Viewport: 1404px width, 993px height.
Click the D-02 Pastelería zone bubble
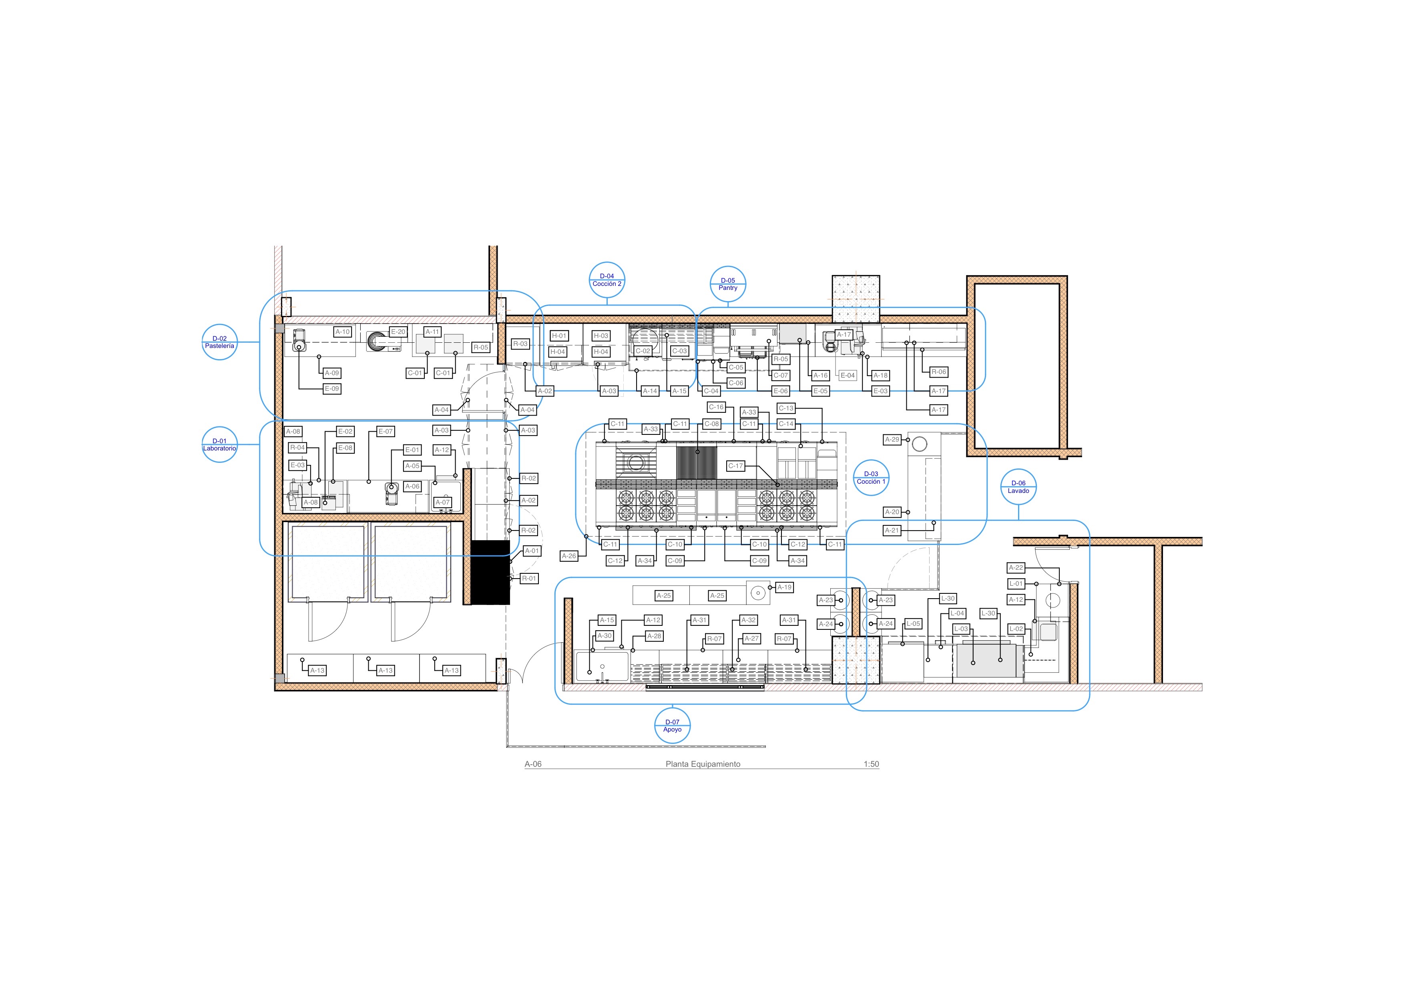click(x=219, y=342)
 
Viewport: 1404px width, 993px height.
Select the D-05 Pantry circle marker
click(x=728, y=284)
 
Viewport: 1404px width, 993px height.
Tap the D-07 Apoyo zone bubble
click(x=672, y=726)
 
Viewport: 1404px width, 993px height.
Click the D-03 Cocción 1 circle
click(x=871, y=478)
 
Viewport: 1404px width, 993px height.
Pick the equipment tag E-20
click(x=398, y=332)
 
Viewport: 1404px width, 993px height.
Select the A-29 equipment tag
click(x=892, y=440)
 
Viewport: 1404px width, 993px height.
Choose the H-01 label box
click(x=559, y=336)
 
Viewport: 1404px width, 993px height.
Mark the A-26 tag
click(x=569, y=556)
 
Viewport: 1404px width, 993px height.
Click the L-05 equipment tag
click(x=913, y=624)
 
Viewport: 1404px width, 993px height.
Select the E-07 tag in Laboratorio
click(x=385, y=432)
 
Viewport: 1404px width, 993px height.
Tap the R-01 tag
click(x=529, y=579)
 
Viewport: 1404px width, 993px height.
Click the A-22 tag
click(x=1016, y=567)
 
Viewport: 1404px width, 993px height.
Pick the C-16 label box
click(x=716, y=407)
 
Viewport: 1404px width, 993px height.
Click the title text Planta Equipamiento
click(x=703, y=764)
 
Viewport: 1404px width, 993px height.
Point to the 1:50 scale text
click(x=872, y=764)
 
